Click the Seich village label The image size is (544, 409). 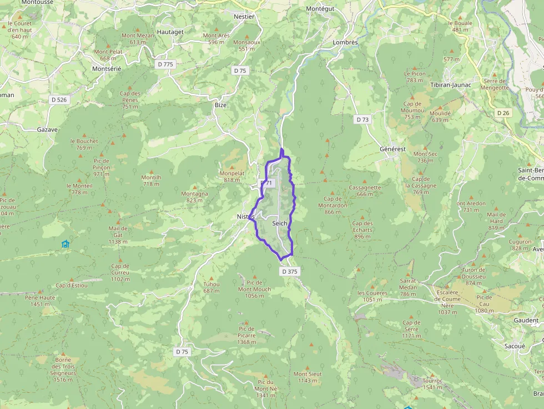point(280,223)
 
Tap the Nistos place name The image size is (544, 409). point(245,216)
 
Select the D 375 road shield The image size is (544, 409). point(290,271)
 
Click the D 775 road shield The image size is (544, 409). point(165,64)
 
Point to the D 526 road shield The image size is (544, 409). point(58,100)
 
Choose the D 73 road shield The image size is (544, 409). point(362,119)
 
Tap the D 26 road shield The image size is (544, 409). point(503,113)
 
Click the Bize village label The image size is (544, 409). point(221,104)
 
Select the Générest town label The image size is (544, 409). point(392,149)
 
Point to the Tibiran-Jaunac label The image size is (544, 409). point(451,84)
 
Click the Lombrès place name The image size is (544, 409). point(345,42)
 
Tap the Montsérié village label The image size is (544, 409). point(106,68)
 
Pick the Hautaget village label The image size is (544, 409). point(170,32)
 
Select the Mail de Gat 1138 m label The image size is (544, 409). point(118,235)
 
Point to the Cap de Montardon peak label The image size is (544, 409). point(333,205)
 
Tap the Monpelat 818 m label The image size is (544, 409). point(231,176)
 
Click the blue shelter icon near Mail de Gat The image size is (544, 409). point(66,244)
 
